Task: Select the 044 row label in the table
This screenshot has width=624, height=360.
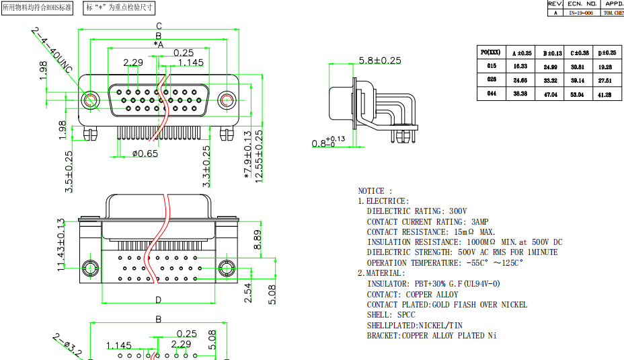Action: coord(492,94)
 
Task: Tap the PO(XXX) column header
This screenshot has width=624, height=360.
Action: coord(492,52)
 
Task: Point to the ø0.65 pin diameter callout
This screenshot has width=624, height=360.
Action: coord(145,153)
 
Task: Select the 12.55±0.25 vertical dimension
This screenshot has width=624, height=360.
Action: coord(259,155)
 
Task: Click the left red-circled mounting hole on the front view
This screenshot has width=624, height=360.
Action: coord(90,100)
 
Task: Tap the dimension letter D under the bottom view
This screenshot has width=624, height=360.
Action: coord(159,300)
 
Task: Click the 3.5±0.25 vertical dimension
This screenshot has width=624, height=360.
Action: coord(69,172)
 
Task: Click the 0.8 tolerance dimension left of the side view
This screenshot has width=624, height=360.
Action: coord(329,142)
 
